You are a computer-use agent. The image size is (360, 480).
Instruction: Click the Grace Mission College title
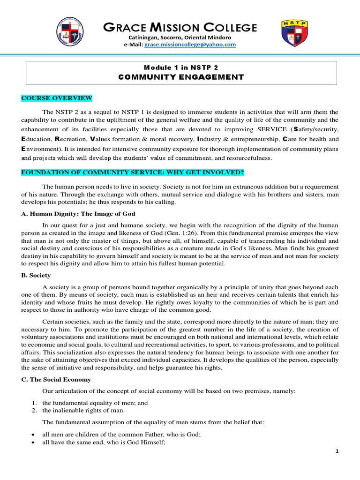coord(180,28)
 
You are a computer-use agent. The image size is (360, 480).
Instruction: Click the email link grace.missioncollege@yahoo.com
coord(190,45)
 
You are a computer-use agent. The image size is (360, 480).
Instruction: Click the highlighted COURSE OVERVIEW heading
coord(56,98)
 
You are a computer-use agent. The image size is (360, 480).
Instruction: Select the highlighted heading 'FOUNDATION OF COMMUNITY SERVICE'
coord(132,173)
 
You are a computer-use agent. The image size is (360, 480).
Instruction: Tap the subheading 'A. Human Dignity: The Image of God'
coord(78,214)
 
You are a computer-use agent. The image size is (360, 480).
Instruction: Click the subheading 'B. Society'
coord(36,276)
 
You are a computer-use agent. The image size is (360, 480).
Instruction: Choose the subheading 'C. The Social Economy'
coord(56,379)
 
